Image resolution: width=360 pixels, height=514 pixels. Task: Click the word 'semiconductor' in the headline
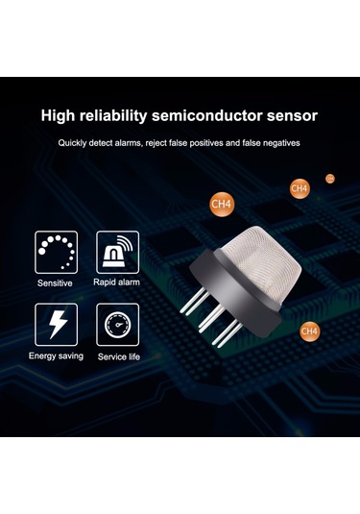tap(207, 115)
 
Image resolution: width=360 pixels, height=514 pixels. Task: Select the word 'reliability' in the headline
tap(113, 116)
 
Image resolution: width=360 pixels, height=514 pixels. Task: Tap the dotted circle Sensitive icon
tap(57, 253)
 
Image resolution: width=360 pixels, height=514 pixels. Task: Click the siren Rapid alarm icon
tap(117, 253)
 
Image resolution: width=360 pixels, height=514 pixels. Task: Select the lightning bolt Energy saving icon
tap(57, 325)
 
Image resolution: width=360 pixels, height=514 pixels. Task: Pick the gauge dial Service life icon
tap(117, 325)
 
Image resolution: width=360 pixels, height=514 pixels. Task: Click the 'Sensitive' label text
tap(55, 282)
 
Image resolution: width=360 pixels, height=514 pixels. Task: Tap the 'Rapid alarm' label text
tap(116, 282)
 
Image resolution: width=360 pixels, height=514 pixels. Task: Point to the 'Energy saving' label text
tap(56, 356)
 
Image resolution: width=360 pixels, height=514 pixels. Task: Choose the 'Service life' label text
tap(119, 356)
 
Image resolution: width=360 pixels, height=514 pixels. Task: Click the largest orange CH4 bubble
tap(222, 204)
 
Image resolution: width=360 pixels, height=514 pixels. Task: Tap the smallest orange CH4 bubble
tap(330, 179)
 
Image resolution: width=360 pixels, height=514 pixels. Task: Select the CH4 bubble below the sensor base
tap(309, 331)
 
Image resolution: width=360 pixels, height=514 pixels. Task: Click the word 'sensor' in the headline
tap(292, 116)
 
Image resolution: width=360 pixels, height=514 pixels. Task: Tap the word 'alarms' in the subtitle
tap(127, 143)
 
